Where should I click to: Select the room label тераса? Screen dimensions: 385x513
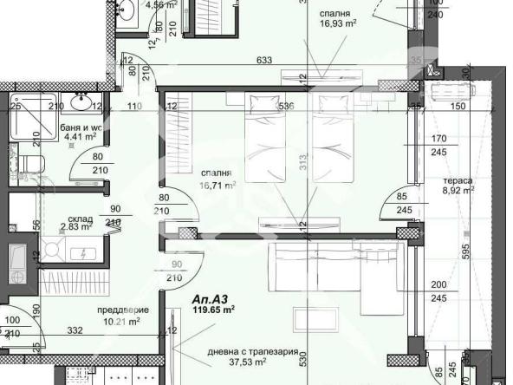tap(459, 181)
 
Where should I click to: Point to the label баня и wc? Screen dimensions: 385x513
tap(82, 127)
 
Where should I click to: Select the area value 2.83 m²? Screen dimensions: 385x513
tap(75, 229)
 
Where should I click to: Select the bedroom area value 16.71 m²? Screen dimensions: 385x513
tap(218, 186)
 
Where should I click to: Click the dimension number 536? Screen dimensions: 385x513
tap(288, 107)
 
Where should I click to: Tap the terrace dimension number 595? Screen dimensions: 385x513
tap(490, 252)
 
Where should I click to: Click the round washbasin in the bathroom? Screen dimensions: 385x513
tap(83, 104)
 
